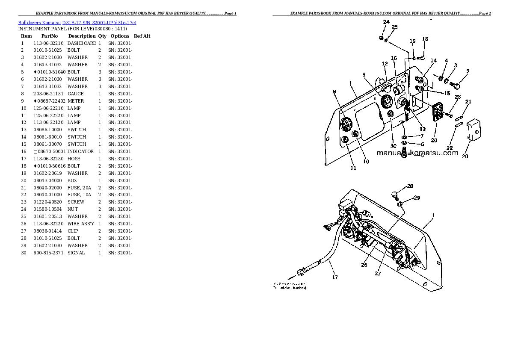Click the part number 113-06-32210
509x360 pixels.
(48, 43)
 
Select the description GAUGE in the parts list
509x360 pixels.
(75, 94)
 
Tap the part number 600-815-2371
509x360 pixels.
(48, 253)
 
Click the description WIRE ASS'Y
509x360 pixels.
(81, 224)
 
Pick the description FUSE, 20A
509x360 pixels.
(79, 188)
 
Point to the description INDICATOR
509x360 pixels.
(80, 151)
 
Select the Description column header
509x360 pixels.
(82, 36)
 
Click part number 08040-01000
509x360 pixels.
(48, 195)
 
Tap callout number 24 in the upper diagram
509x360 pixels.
(386, 22)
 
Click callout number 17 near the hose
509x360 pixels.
(335, 277)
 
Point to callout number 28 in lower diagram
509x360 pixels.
(410, 186)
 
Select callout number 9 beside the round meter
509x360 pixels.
(334, 91)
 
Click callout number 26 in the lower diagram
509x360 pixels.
(364, 265)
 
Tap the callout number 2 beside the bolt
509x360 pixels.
(468, 71)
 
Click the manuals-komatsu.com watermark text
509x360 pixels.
(417, 153)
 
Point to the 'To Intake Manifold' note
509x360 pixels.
(290, 287)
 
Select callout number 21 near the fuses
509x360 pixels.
(468, 102)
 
